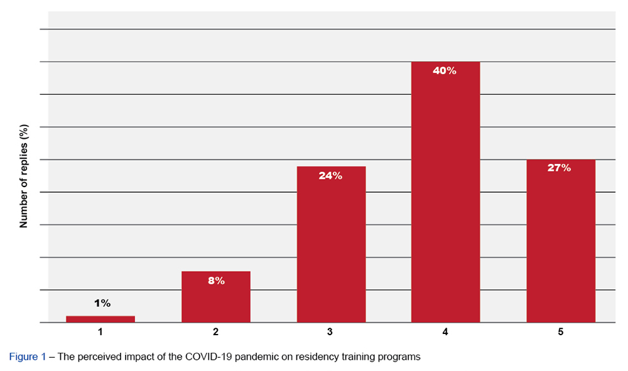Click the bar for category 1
pyautogui.click(x=100, y=319)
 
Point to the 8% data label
pyautogui.click(x=216, y=281)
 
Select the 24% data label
pyautogui.click(x=330, y=176)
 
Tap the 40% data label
pyautogui.click(x=445, y=71)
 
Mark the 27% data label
pyautogui.click(x=559, y=168)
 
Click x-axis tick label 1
pyautogui.click(x=100, y=331)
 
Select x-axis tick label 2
pyautogui.click(x=216, y=331)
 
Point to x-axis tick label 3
pyautogui.click(x=330, y=331)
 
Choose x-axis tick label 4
pyautogui.click(x=445, y=331)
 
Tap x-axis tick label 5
pyautogui.click(x=560, y=331)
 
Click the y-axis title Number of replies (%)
pyautogui.click(x=24, y=175)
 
